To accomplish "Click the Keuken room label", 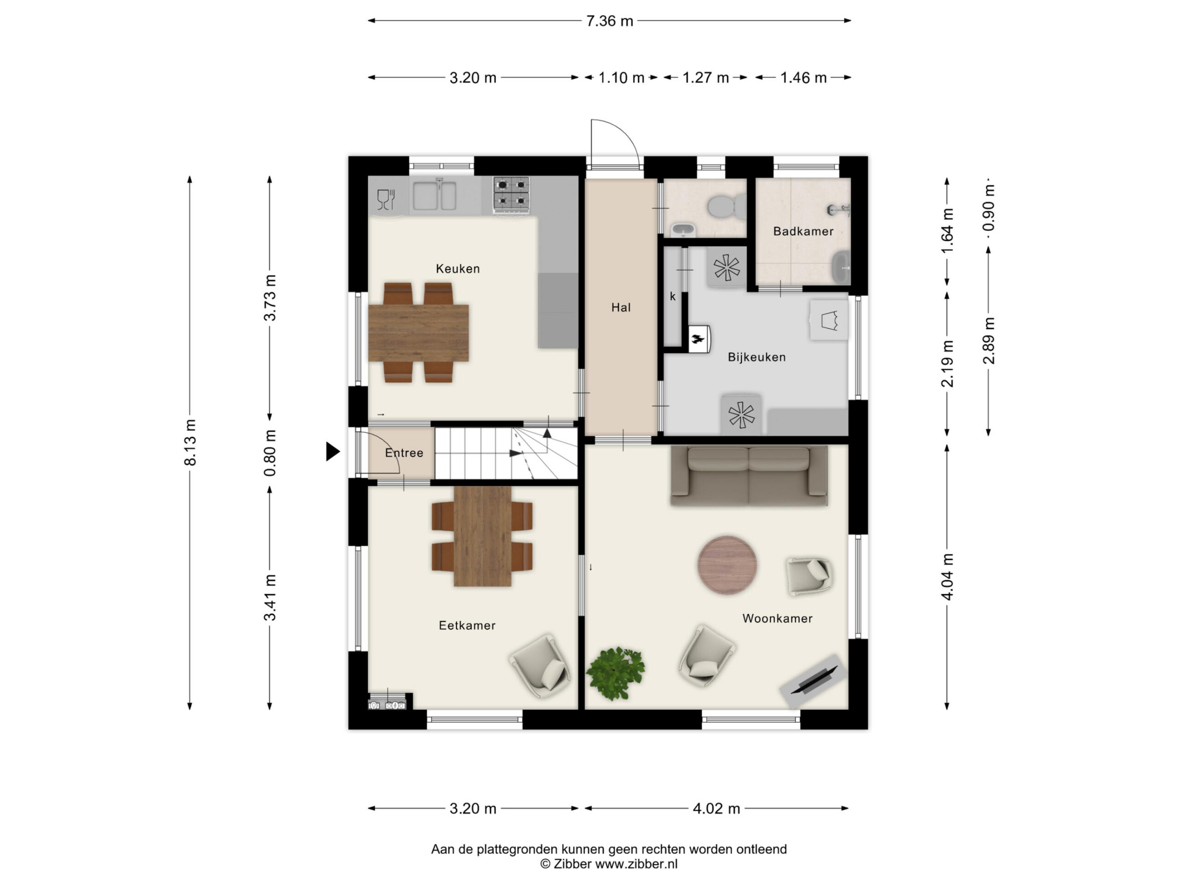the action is pyautogui.click(x=457, y=268).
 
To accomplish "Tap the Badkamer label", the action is pyautogui.click(x=803, y=231).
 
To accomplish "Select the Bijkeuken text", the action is pyautogui.click(x=757, y=357).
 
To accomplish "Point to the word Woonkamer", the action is pyautogui.click(x=777, y=619).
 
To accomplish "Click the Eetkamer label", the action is pyautogui.click(x=467, y=626).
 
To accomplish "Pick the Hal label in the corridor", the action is pyautogui.click(x=621, y=308).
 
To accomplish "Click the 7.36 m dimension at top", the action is pyautogui.click(x=610, y=21).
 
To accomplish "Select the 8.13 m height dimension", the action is pyautogui.click(x=190, y=442).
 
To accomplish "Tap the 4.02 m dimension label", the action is pyautogui.click(x=716, y=809).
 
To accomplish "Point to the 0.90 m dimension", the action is pyautogui.click(x=988, y=208).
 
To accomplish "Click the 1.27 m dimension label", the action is pyautogui.click(x=705, y=78).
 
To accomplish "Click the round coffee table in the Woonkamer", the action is pyautogui.click(x=727, y=565).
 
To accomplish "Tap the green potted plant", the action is pyautogui.click(x=615, y=674).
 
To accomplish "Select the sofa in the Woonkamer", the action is pyautogui.click(x=749, y=476).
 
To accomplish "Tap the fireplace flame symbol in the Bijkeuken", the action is pyautogui.click(x=697, y=338).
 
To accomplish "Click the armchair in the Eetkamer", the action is pyautogui.click(x=541, y=666).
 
